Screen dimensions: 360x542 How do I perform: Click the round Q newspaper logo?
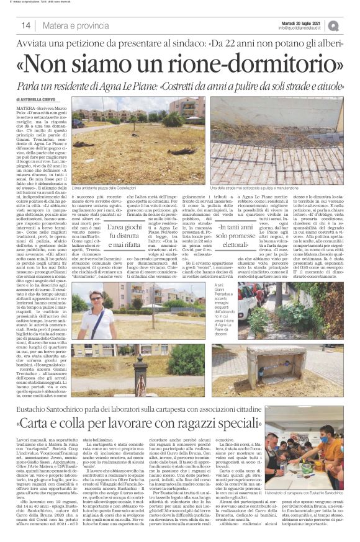(350, 25)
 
